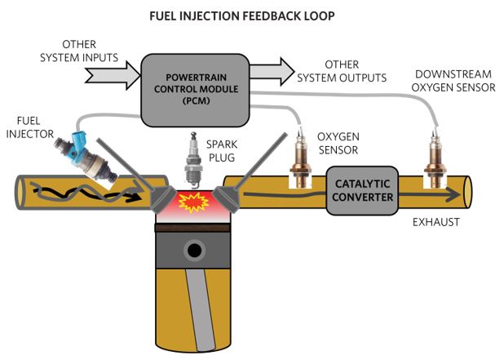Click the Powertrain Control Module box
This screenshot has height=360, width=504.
195,90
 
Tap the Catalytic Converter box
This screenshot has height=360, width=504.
362,190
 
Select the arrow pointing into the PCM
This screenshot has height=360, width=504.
113,76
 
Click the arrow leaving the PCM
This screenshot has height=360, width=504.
272,71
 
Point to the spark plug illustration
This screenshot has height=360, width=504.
193,160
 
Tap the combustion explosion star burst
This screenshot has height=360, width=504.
193,202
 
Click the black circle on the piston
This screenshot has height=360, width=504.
194,251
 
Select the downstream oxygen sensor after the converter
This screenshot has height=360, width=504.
435,158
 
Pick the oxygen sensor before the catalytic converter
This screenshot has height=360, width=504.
300,158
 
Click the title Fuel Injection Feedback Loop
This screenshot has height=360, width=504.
242,16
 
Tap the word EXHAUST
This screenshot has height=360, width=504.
435,222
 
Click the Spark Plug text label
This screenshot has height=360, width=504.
222,151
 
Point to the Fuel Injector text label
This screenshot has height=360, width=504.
30,127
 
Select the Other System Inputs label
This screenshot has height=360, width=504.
79,51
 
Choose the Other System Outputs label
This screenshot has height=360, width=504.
342,71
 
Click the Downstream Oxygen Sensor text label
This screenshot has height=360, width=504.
453,81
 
